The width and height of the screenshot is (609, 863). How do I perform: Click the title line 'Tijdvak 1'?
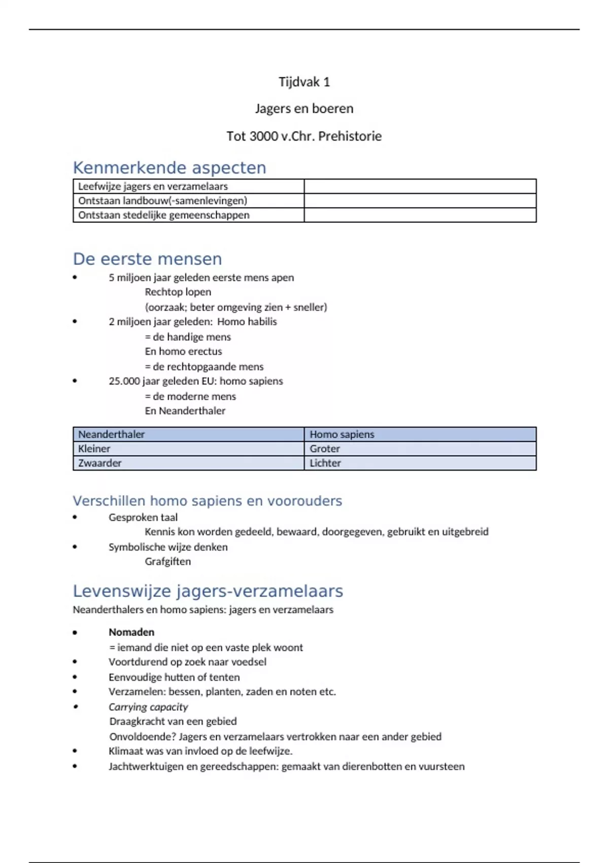pyautogui.click(x=304, y=82)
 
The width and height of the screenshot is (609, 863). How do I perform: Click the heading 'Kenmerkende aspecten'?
pyautogui.click(x=170, y=168)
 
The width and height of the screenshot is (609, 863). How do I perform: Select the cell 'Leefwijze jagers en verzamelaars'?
pyautogui.click(x=153, y=186)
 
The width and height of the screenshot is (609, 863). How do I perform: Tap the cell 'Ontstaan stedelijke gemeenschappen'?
pyautogui.click(x=163, y=215)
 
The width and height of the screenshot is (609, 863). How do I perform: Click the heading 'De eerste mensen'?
pyautogui.click(x=147, y=259)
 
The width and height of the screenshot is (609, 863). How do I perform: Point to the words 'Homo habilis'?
pyautogui.click(x=247, y=321)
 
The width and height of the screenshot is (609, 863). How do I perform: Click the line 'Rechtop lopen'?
pyautogui.click(x=178, y=292)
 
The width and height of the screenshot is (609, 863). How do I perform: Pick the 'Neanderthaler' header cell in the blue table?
pyautogui.click(x=111, y=434)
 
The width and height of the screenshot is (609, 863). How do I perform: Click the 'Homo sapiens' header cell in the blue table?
pyautogui.click(x=342, y=434)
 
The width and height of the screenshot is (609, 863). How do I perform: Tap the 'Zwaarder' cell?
pyautogui.click(x=99, y=463)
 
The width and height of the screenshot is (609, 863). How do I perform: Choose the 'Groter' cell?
pyautogui.click(x=325, y=449)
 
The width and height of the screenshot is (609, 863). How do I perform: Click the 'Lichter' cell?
pyautogui.click(x=325, y=463)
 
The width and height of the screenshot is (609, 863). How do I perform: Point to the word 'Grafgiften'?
pyautogui.click(x=167, y=561)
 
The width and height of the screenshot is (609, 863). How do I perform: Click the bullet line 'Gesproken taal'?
pyautogui.click(x=143, y=517)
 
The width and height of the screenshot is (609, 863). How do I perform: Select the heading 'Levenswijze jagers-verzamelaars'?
pyautogui.click(x=208, y=591)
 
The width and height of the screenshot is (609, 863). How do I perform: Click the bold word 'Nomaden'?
pyautogui.click(x=131, y=632)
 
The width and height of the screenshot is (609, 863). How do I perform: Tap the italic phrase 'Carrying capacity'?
pyautogui.click(x=148, y=707)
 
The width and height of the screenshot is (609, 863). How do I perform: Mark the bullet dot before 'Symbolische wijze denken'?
pyautogui.click(x=75, y=547)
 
